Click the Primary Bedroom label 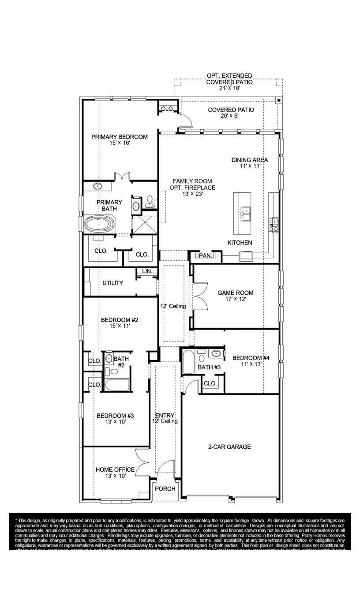[x=120, y=137]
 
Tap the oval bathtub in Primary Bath [x=99, y=224]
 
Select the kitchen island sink [x=245, y=214]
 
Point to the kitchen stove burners [x=274, y=225]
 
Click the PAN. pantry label [x=205, y=255]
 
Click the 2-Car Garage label [x=229, y=447]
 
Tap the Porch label [x=165, y=488]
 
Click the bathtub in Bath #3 [x=187, y=361]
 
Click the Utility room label [x=112, y=283]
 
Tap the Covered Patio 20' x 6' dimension [x=231, y=116]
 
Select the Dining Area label [x=249, y=160]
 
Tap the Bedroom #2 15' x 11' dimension [x=115, y=326]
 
